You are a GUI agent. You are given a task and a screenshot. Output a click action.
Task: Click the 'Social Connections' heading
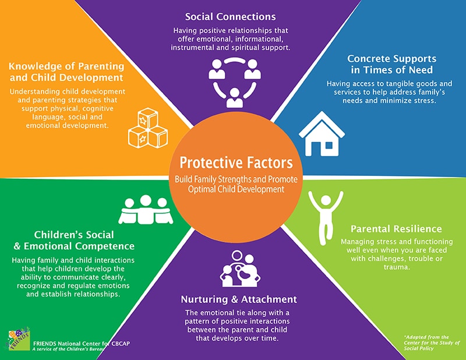(x=230, y=17)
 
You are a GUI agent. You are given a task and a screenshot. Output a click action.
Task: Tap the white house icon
(x=322, y=135)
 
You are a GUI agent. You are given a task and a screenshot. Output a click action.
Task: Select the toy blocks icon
(x=148, y=128)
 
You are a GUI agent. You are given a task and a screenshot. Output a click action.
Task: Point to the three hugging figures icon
(x=146, y=210)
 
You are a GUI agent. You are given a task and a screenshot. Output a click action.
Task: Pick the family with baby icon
(x=240, y=269)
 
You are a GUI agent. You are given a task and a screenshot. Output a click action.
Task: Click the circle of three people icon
(x=235, y=82)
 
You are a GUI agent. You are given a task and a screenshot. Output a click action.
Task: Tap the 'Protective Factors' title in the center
(x=236, y=163)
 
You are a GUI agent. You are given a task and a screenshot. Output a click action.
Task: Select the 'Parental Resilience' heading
(x=396, y=229)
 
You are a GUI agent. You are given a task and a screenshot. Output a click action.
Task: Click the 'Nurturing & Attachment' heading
(x=239, y=299)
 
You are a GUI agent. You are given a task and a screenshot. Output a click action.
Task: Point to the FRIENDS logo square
(x=19, y=340)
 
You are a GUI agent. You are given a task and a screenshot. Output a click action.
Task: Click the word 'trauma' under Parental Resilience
(x=397, y=267)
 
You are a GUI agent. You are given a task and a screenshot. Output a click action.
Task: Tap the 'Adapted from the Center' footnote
(x=432, y=343)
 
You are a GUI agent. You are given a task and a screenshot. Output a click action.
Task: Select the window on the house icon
(x=329, y=146)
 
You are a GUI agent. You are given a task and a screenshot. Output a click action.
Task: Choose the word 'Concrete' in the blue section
(x=368, y=59)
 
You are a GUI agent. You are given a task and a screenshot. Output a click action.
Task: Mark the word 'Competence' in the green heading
(x=105, y=246)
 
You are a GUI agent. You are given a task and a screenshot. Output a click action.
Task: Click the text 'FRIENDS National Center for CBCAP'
(x=82, y=343)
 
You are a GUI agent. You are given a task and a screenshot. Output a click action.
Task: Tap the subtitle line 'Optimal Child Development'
(x=236, y=189)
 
